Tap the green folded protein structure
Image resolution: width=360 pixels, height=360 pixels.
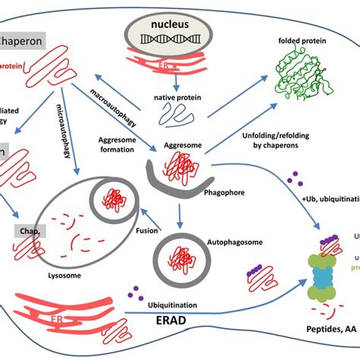click(x=304, y=84)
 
